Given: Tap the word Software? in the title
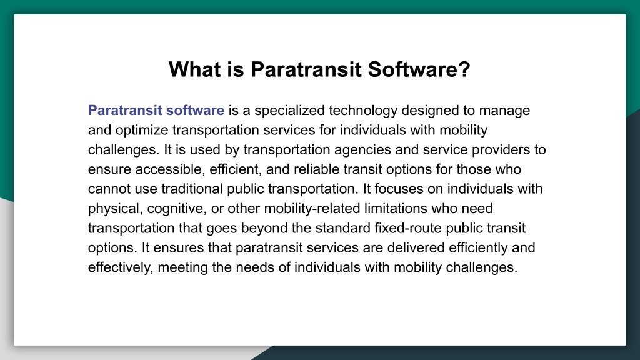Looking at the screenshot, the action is (419, 69).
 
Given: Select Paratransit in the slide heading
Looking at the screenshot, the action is (306, 69).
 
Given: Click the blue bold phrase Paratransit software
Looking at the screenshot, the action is (156, 110).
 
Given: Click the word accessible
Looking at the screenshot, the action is (170, 169).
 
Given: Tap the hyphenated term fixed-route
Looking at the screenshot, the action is (408, 227).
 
